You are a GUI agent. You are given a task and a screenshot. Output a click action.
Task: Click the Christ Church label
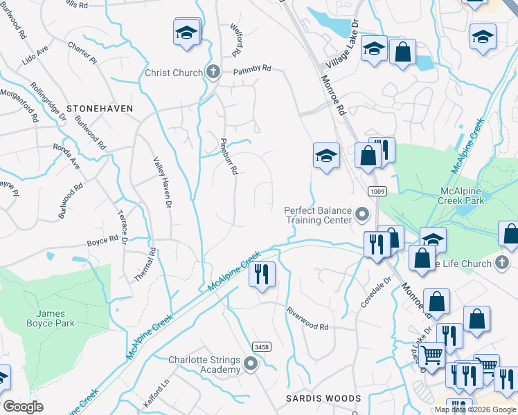coord(174,73)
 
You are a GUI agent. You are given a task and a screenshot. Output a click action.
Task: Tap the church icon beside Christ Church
coord(213,72)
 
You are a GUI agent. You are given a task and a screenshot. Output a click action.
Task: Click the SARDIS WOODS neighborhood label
coord(324,398)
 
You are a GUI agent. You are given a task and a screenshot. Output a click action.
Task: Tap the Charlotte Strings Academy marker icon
coord(251,363)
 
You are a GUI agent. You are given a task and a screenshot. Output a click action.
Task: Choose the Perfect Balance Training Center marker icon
coord(361,215)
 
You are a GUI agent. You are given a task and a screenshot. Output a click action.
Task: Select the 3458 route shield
coord(261,347)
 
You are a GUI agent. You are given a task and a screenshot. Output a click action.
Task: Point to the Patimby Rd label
coord(252,70)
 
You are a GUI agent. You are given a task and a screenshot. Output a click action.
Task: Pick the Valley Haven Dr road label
coord(161,181)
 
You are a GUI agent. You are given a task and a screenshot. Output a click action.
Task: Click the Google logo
coord(23,406)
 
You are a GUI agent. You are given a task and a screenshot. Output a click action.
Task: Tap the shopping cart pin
coord(432,355)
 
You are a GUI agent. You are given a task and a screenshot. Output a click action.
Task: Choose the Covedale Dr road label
coord(375,293)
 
